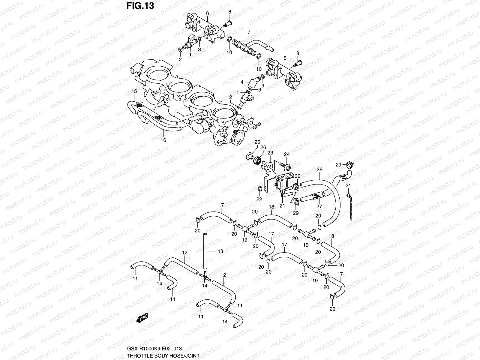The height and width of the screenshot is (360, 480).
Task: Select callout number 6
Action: pos(207,13)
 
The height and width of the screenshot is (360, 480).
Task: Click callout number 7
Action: pos(249,32)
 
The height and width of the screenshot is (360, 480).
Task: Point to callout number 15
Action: pos(134,91)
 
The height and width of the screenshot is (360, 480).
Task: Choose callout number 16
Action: pos(163,140)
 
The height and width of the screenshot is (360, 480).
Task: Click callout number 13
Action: pos(220,251)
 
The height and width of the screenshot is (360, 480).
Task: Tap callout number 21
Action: pos(282,206)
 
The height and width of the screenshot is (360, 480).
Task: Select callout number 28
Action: pos(319,169)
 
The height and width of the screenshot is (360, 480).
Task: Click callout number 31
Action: pos(348,186)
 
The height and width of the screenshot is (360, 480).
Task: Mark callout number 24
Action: pos(287,154)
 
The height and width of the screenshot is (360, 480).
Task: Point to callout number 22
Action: pos(259,199)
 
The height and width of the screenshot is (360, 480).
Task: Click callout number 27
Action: pos(319,206)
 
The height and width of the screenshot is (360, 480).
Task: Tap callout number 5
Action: pos(285,57)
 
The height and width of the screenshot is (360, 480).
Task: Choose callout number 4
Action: pos(241,82)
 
